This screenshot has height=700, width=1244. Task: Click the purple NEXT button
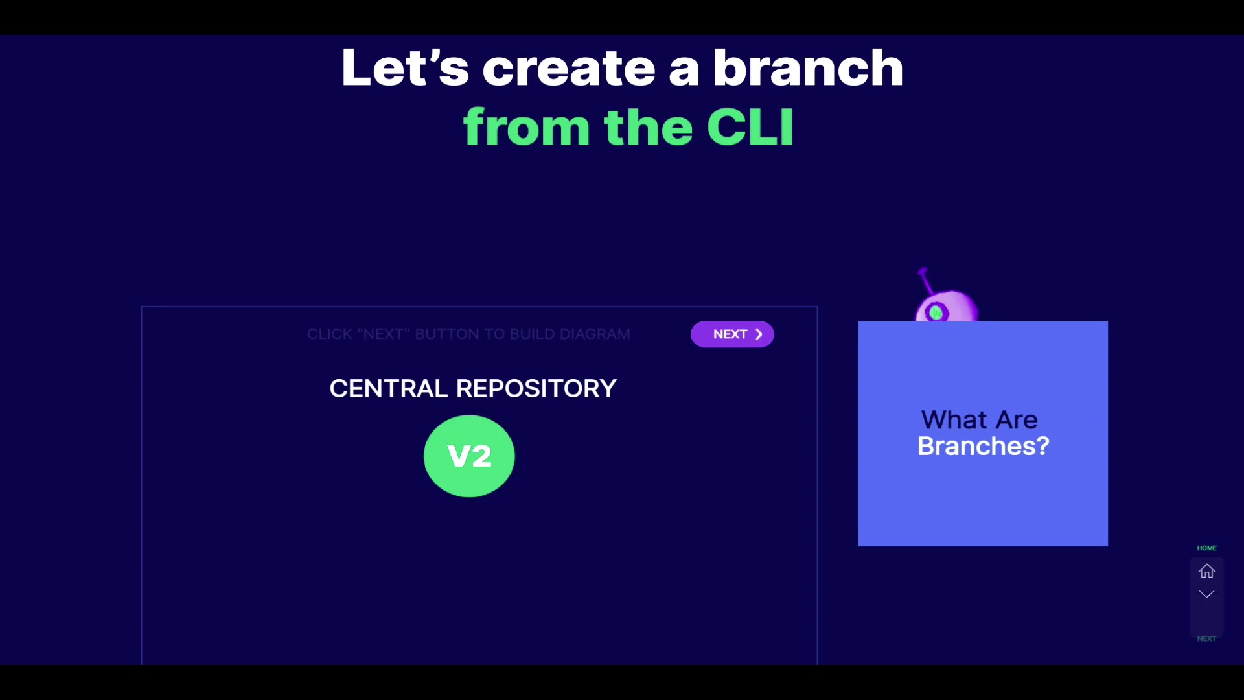coord(731,334)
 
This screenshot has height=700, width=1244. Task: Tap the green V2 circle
coord(469,456)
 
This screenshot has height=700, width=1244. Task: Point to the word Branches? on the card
coord(983,447)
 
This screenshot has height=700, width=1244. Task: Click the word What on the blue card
coord(954,420)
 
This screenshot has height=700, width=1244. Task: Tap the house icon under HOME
coord(1206,571)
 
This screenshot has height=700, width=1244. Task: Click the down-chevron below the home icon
coord(1206,594)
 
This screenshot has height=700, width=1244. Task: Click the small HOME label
coord(1206,548)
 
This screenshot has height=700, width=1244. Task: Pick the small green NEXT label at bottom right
coord(1206,639)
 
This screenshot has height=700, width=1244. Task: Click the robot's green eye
coord(936,313)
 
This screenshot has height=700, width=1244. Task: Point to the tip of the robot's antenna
coord(923,271)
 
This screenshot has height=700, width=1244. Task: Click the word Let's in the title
coord(404,68)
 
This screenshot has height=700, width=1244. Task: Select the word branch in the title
coord(808,68)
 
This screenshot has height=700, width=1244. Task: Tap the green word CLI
coord(750,127)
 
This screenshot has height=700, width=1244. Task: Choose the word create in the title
coord(568,68)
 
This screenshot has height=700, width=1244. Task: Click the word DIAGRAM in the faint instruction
coord(595,334)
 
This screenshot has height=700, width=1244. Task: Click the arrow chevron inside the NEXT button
coord(759,334)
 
